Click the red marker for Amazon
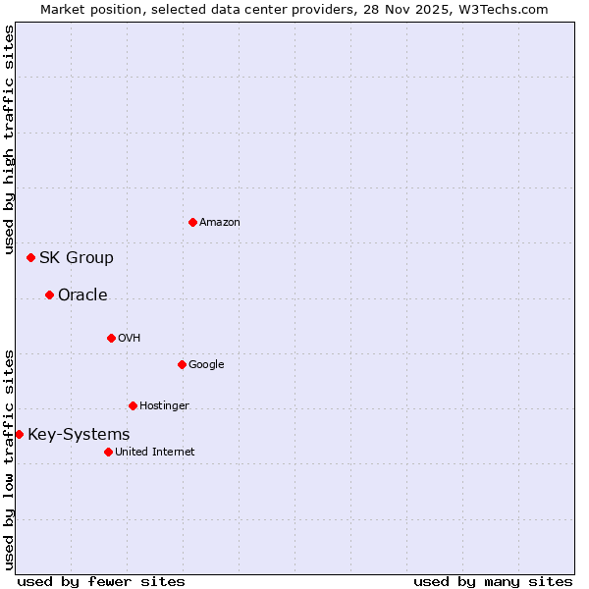pyautogui.click(x=192, y=222)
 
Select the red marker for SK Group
pyautogui.click(x=30, y=257)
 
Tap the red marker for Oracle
pyautogui.click(x=49, y=294)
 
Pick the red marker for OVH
pyautogui.click(x=111, y=338)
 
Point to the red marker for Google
pyautogui.click(x=182, y=364)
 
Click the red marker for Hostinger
pyautogui.click(x=133, y=405)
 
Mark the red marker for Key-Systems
pyautogui.click(x=19, y=434)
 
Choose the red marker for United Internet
pyautogui.click(x=108, y=452)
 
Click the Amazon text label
pyautogui.click(x=220, y=223)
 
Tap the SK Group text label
pyautogui.click(x=77, y=258)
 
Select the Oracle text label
pyautogui.click(x=82, y=295)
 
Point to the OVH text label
pyautogui.click(x=130, y=339)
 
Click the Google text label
pyautogui.click(x=206, y=365)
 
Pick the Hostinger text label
pyautogui.click(x=164, y=406)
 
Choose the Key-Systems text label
pyautogui.click(x=79, y=435)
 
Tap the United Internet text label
pyautogui.click(x=155, y=453)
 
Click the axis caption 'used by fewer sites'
pyautogui.click(x=101, y=581)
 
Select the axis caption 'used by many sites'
pyautogui.click(x=493, y=581)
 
